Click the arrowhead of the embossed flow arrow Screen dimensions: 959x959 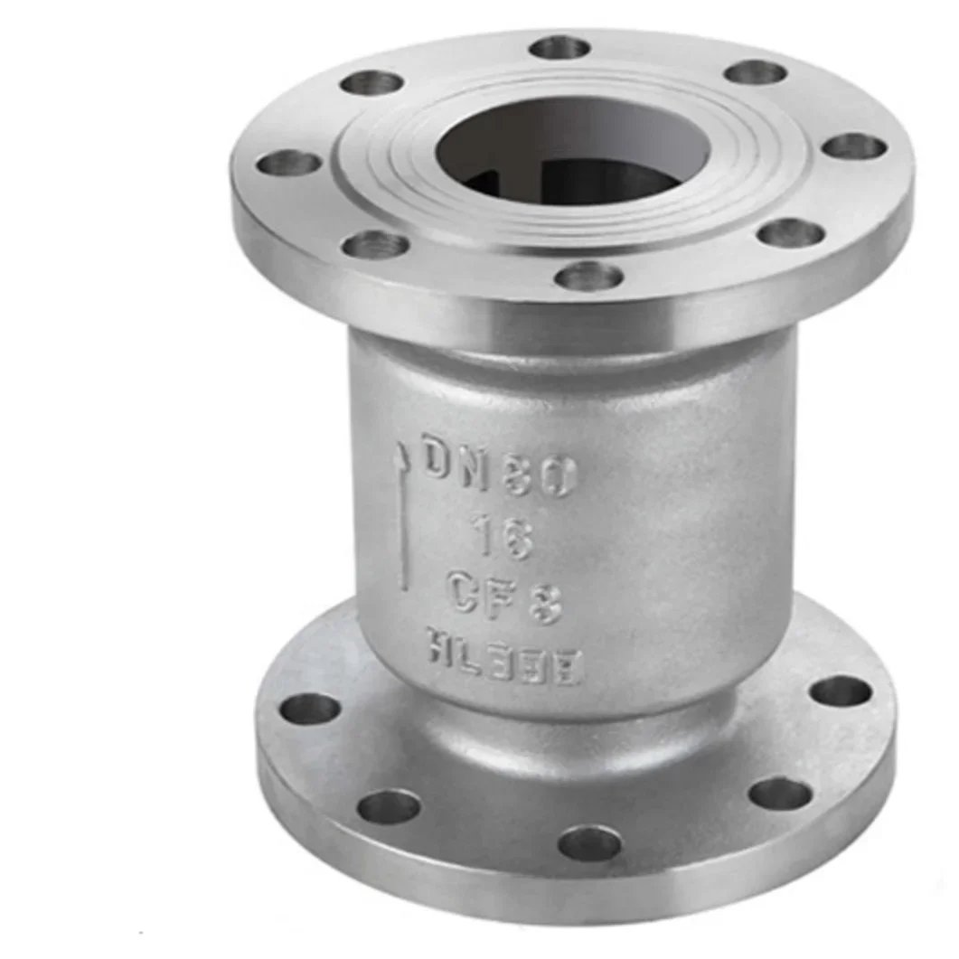399,457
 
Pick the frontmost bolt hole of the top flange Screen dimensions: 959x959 588,276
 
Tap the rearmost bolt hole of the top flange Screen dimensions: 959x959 559,47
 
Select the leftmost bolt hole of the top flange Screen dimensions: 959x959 288,164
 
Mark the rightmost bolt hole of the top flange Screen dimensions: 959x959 854,146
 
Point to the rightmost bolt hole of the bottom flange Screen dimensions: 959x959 840,691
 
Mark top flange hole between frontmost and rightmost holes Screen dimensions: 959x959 790,232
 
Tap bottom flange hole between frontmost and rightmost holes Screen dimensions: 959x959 779,794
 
